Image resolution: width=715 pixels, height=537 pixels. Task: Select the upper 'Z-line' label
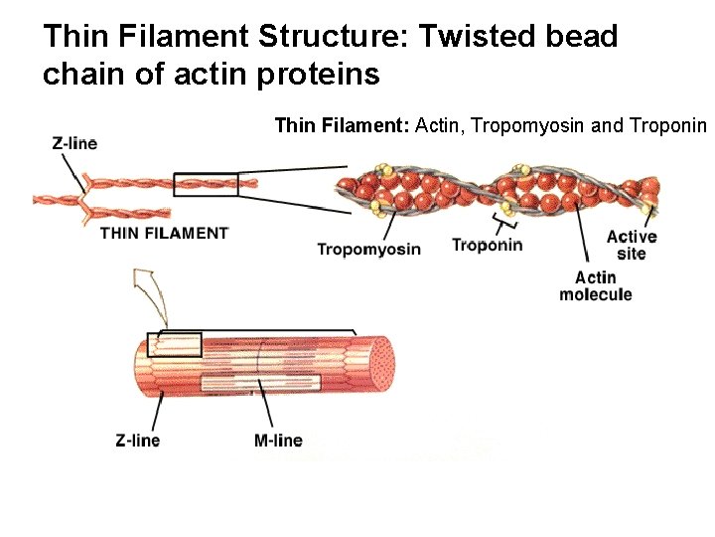pos(74,143)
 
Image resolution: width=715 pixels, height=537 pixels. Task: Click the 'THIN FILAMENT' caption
pos(165,233)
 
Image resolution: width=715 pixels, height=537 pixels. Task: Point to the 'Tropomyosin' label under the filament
pos(368,249)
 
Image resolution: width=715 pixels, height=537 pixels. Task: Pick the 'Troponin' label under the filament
pos(487,244)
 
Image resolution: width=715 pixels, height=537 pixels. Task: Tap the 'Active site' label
pos(631,245)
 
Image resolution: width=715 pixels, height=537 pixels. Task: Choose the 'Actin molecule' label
pos(596,285)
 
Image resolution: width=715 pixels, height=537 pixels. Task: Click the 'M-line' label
pos(278,440)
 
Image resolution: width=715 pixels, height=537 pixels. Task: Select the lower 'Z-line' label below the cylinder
pos(137,440)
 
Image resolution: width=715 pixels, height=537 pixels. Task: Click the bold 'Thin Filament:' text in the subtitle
pos(343,125)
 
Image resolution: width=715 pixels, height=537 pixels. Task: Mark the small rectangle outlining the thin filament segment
pos(206,184)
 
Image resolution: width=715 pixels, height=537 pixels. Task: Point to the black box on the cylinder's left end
pos(175,345)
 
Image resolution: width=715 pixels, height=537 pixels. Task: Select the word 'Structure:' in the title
pos(334,37)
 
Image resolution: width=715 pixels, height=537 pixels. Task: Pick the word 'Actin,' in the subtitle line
pos(442,125)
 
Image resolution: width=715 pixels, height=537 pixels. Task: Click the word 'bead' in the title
pos(583,37)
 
